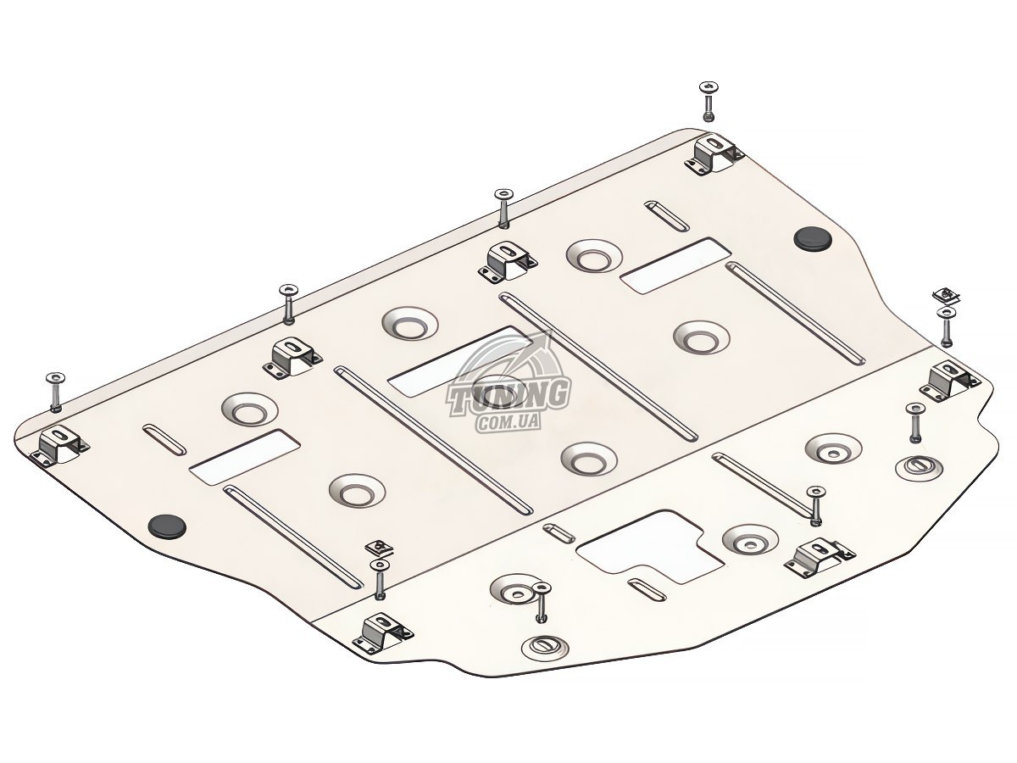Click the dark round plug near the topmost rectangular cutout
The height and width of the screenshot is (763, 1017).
coord(813,238)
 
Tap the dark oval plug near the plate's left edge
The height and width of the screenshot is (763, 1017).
coord(168,526)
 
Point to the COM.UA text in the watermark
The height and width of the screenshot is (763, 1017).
coord(508,422)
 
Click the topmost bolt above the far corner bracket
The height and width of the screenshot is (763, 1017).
coord(709,102)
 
